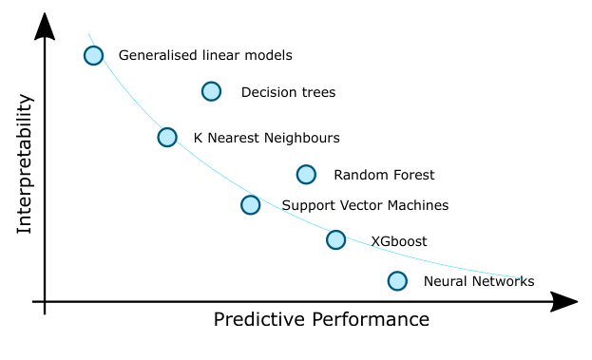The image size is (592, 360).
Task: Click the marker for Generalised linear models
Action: pos(93,55)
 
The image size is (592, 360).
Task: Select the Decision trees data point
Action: pos(211,91)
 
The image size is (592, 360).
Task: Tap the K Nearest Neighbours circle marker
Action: pos(167,137)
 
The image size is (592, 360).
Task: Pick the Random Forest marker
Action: pos(306,174)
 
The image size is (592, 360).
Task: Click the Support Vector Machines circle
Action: pos(250,204)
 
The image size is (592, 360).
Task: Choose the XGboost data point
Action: pos(335,239)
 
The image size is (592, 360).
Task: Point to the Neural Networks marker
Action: pos(397,280)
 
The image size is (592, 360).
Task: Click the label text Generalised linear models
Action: pos(205,56)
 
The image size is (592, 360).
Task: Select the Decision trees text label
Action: pos(288,93)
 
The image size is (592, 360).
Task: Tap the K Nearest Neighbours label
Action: pos(266,138)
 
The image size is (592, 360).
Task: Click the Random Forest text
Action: pos(384,175)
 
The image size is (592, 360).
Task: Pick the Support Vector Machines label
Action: pos(365,205)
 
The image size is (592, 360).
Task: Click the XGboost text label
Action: pos(398,241)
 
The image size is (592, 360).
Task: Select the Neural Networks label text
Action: pos(479,281)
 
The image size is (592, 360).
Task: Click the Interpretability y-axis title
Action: pos(26,163)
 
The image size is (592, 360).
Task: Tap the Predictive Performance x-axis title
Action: pos(321,320)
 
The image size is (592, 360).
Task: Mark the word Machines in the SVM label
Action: pos(417,205)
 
